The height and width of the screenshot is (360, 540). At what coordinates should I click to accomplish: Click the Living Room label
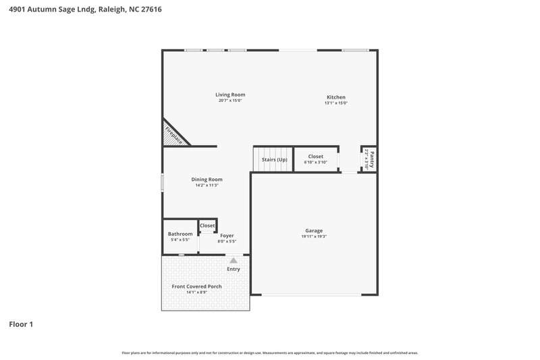pyautogui.click(x=230, y=95)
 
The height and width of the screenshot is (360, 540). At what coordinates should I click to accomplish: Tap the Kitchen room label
pyautogui.click(x=336, y=97)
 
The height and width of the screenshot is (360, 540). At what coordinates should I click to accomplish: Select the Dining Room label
pyautogui.click(x=207, y=179)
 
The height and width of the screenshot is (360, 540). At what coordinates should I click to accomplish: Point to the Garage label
pyautogui.click(x=314, y=230)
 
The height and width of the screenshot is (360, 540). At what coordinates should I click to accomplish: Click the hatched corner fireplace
pyautogui.click(x=174, y=134)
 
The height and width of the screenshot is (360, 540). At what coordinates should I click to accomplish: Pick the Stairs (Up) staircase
pyautogui.click(x=274, y=159)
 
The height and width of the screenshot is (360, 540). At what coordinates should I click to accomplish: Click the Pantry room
pyautogui.click(x=369, y=159)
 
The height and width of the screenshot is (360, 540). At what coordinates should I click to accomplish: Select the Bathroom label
pyautogui.click(x=180, y=234)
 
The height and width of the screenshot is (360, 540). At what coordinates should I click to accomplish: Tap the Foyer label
pyautogui.click(x=227, y=235)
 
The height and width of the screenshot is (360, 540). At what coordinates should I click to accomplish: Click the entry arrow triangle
pyautogui.click(x=234, y=259)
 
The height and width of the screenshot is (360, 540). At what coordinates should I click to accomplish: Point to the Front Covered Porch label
pyautogui.click(x=196, y=286)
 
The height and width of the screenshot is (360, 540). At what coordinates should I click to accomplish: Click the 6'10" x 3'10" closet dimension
pyautogui.click(x=315, y=162)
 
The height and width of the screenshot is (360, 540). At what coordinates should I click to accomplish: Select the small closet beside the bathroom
pyautogui.click(x=207, y=226)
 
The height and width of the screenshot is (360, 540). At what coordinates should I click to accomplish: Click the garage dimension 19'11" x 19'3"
pyautogui.click(x=314, y=236)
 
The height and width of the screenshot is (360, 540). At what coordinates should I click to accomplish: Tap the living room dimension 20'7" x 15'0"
pyautogui.click(x=230, y=101)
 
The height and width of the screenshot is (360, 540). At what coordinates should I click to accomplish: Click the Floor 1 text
pyautogui.click(x=21, y=324)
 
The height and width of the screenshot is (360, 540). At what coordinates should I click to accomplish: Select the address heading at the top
pyautogui.click(x=85, y=10)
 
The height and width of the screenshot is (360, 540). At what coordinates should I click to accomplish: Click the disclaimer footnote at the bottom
pyautogui.click(x=270, y=353)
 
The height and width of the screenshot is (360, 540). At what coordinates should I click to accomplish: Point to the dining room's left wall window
pyautogui.click(x=162, y=184)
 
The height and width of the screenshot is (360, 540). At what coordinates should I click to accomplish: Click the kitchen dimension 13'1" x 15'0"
pyautogui.click(x=336, y=103)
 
